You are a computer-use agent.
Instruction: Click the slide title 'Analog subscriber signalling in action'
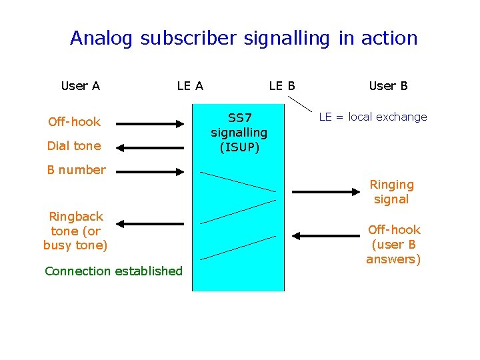click(x=243, y=38)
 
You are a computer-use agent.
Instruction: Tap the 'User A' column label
click(x=80, y=85)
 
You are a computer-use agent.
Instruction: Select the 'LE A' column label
click(x=190, y=85)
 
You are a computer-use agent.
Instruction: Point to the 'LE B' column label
click(x=282, y=85)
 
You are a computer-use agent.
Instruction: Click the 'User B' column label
click(x=388, y=85)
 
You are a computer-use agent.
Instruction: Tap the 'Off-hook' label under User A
click(x=74, y=121)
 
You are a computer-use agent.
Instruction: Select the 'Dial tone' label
click(x=74, y=145)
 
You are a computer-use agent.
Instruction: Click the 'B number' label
click(x=76, y=169)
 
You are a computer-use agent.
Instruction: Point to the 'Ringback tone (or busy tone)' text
click(x=75, y=231)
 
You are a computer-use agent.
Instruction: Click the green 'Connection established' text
click(x=113, y=271)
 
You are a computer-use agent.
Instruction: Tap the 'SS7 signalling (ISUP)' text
click(x=239, y=132)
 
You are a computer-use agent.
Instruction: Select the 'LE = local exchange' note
click(x=373, y=117)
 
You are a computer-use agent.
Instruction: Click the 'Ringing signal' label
click(x=391, y=191)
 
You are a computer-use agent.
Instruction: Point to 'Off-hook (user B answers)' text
click(x=393, y=244)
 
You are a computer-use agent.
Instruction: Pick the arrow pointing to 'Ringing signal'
click(x=326, y=192)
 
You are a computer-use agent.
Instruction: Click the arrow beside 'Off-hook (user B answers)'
click(x=326, y=235)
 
